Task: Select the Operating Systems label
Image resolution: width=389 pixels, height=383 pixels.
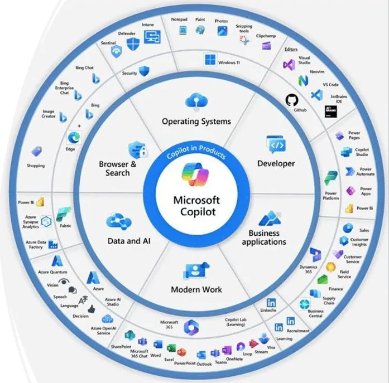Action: point(196,121)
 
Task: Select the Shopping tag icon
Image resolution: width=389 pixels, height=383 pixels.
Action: point(37,152)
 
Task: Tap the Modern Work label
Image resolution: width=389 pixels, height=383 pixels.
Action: point(196,289)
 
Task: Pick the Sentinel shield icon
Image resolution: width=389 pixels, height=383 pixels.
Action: point(116,52)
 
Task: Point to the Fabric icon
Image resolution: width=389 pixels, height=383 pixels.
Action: point(63,214)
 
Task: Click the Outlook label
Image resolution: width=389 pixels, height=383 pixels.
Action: point(204,363)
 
